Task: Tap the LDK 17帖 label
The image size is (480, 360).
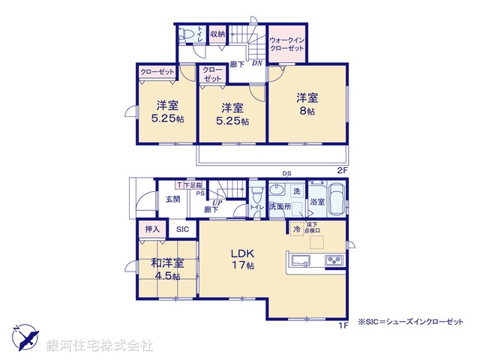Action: click(x=242, y=259)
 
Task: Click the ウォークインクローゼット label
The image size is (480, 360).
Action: click(x=286, y=43)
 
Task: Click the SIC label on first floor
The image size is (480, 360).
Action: click(x=183, y=229)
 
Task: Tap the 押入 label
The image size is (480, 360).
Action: click(x=148, y=229)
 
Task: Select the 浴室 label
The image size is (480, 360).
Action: click(x=316, y=202)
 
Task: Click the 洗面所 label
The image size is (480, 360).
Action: click(x=280, y=206)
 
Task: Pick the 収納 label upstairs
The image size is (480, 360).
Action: click(x=217, y=34)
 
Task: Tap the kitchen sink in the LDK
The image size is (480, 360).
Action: click(x=298, y=261)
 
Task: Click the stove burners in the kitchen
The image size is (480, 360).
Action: click(x=332, y=260)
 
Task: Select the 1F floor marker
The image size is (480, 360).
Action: click(x=342, y=324)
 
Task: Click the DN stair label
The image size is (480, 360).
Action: click(x=256, y=64)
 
